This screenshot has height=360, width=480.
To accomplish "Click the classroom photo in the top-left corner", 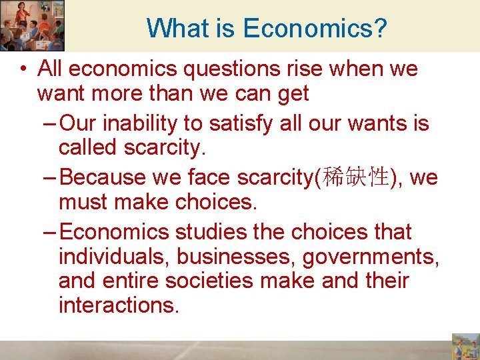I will coord(32,25).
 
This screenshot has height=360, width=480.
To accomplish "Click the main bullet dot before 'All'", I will coord(23,69).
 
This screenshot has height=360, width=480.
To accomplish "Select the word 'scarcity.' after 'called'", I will coord(163,148).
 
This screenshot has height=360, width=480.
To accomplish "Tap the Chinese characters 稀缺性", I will coord(355,178).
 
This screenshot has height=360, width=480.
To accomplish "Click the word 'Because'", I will coord(105,178).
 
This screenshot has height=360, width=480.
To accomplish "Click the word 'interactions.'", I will coord(119,305).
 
